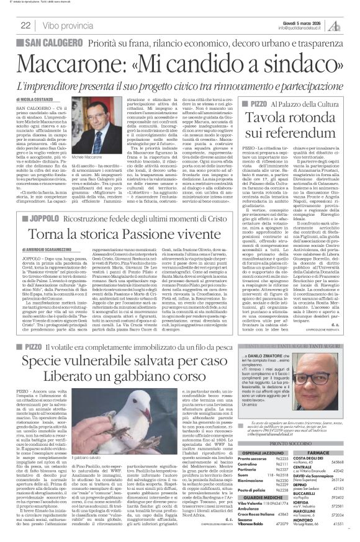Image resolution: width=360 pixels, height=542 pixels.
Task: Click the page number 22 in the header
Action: (27, 25)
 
